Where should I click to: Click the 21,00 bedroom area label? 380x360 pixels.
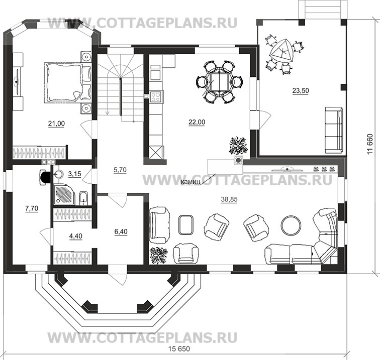(56, 124)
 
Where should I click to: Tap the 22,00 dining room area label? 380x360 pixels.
(197, 123)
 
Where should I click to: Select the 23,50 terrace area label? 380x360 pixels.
(301, 91)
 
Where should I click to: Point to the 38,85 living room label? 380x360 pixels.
(229, 199)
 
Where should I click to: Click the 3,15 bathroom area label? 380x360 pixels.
(74, 174)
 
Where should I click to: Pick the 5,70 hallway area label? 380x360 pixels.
(120, 170)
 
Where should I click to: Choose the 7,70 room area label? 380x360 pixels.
(32, 208)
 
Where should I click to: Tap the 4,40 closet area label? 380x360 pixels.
(76, 236)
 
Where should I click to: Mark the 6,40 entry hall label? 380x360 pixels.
(121, 231)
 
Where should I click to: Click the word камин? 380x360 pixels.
(191, 182)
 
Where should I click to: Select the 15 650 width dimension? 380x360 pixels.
(179, 349)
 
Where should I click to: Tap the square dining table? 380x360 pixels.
(219, 82)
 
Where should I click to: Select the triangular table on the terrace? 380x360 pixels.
(283, 50)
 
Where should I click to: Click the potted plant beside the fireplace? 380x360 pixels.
(238, 145)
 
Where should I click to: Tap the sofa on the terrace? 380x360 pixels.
(334, 130)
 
